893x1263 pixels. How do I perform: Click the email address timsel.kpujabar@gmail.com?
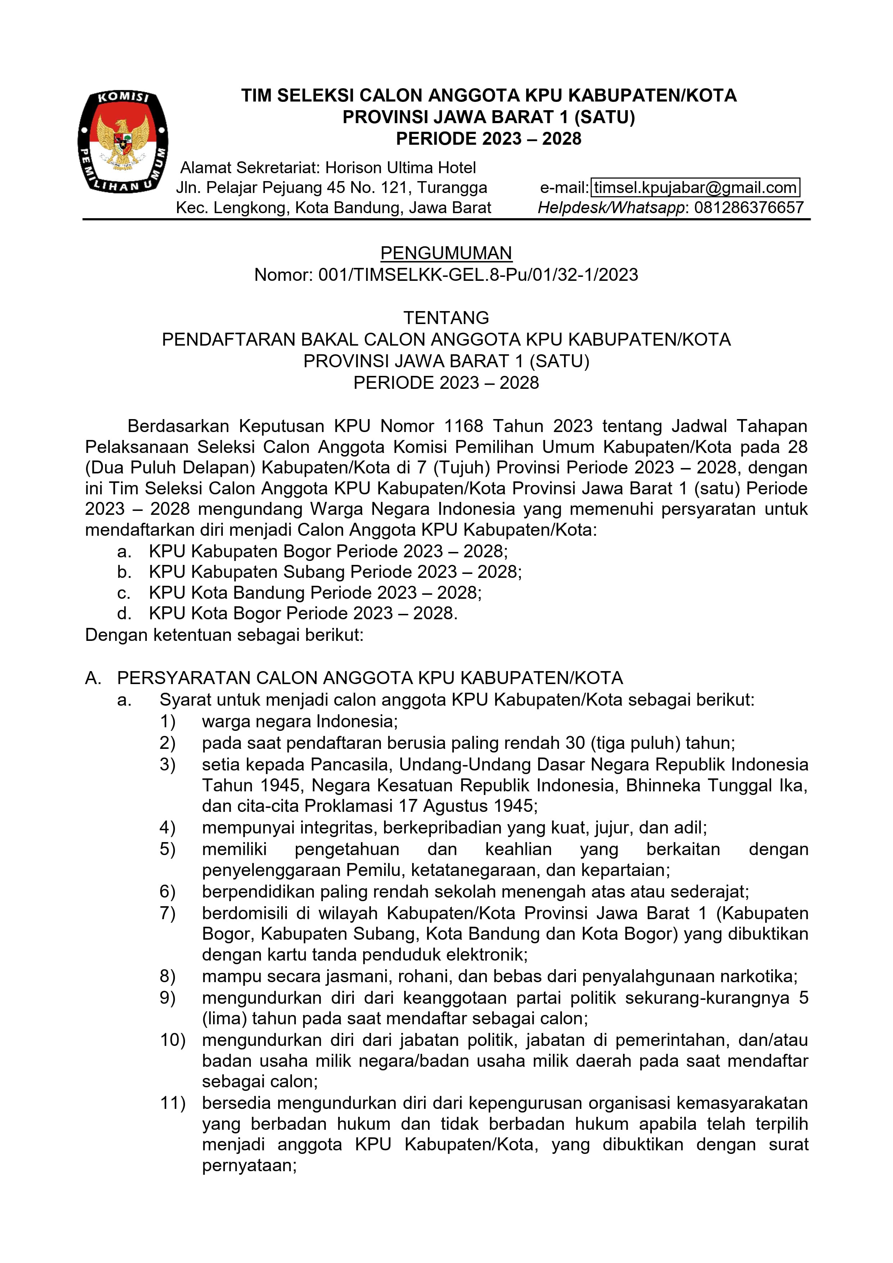click(695, 188)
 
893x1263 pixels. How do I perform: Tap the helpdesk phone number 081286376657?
click(749, 208)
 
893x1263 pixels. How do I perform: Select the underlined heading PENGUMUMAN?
click(446, 253)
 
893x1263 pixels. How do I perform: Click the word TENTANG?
click(446, 318)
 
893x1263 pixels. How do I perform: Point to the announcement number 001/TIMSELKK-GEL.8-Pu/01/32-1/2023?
click(478, 274)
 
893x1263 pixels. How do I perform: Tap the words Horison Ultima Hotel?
click(400, 168)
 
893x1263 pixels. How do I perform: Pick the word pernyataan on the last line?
click(249, 1166)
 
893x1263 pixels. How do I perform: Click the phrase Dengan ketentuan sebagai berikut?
click(224, 635)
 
